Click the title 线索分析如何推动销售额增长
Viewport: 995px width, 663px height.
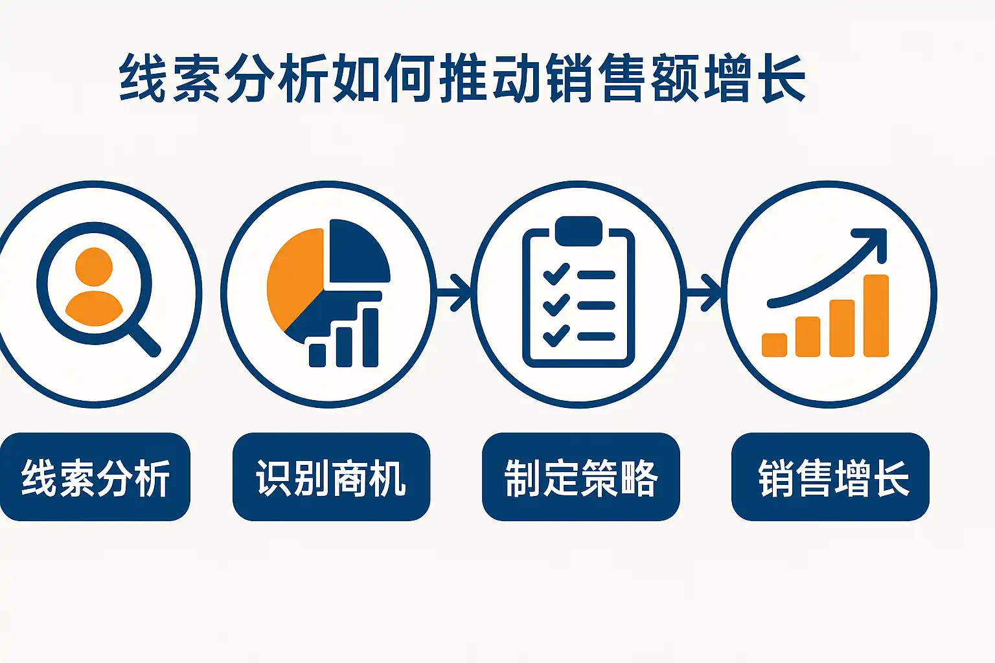tap(463, 78)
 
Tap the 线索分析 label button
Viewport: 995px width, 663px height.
tap(95, 477)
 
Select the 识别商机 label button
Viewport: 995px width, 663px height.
tap(332, 477)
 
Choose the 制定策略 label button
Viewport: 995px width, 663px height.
tap(581, 477)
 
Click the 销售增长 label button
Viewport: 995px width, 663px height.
tap(830, 477)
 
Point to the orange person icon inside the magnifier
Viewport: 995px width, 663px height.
tap(94, 286)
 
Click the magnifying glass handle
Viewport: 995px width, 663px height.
tap(146, 340)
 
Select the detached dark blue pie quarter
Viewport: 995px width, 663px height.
tap(358, 253)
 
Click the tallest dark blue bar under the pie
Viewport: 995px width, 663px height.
tap(371, 337)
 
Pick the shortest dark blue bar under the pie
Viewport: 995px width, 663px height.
tap(317, 355)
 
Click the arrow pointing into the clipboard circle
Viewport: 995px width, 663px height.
tap(453, 293)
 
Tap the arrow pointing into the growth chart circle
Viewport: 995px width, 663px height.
tap(704, 293)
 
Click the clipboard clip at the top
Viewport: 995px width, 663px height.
tap(578, 231)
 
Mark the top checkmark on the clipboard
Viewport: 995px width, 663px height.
tap(556, 274)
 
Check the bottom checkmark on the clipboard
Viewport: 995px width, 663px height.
tap(556, 336)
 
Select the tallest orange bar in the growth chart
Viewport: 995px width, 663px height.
tap(876, 315)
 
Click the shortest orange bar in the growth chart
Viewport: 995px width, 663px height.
tap(774, 345)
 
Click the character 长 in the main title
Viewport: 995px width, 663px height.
tap(784, 78)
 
